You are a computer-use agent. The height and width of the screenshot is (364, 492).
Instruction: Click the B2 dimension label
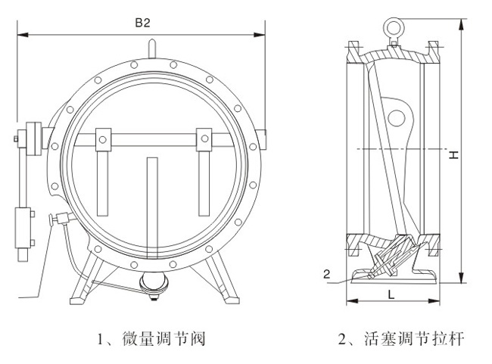142,23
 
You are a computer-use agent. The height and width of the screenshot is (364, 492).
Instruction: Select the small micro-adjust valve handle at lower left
56,221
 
